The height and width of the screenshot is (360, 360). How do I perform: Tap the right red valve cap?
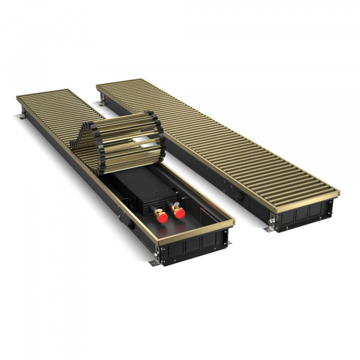click(178, 212)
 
